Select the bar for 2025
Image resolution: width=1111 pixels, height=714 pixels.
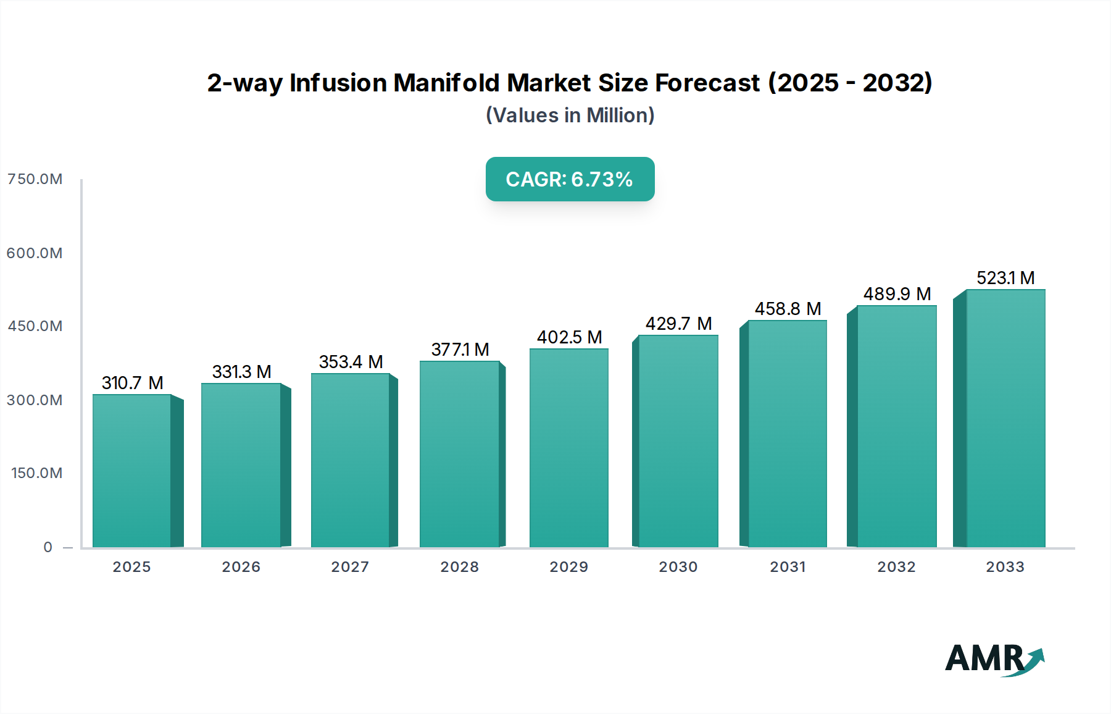point(131,471)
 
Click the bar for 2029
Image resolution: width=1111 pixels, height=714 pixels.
point(568,448)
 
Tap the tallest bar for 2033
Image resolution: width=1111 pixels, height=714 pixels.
point(1005,418)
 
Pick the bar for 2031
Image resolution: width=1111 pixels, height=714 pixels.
point(787,434)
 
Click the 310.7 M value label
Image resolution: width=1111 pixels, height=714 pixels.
point(132,383)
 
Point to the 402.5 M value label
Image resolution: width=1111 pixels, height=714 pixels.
point(569,337)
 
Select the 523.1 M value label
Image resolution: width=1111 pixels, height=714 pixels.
point(1005,278)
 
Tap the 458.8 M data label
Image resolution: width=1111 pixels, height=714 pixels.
point(788,309)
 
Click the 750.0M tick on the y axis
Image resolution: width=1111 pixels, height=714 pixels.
point(35,179)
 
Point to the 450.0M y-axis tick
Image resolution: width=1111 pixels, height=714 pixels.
point(35,326)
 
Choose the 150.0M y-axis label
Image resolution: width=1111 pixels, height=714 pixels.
point(36,473)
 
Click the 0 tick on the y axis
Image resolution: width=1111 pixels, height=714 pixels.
point(48,547)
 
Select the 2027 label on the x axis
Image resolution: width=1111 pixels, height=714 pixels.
point(350,567)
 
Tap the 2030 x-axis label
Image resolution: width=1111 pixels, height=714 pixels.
point(678,567)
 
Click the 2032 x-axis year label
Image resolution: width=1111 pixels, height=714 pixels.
point(896,567)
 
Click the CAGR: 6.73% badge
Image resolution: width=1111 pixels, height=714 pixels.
point(570,179)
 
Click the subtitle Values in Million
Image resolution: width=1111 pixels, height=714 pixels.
point(570,115)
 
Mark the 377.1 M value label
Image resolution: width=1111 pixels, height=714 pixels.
point(460,350)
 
